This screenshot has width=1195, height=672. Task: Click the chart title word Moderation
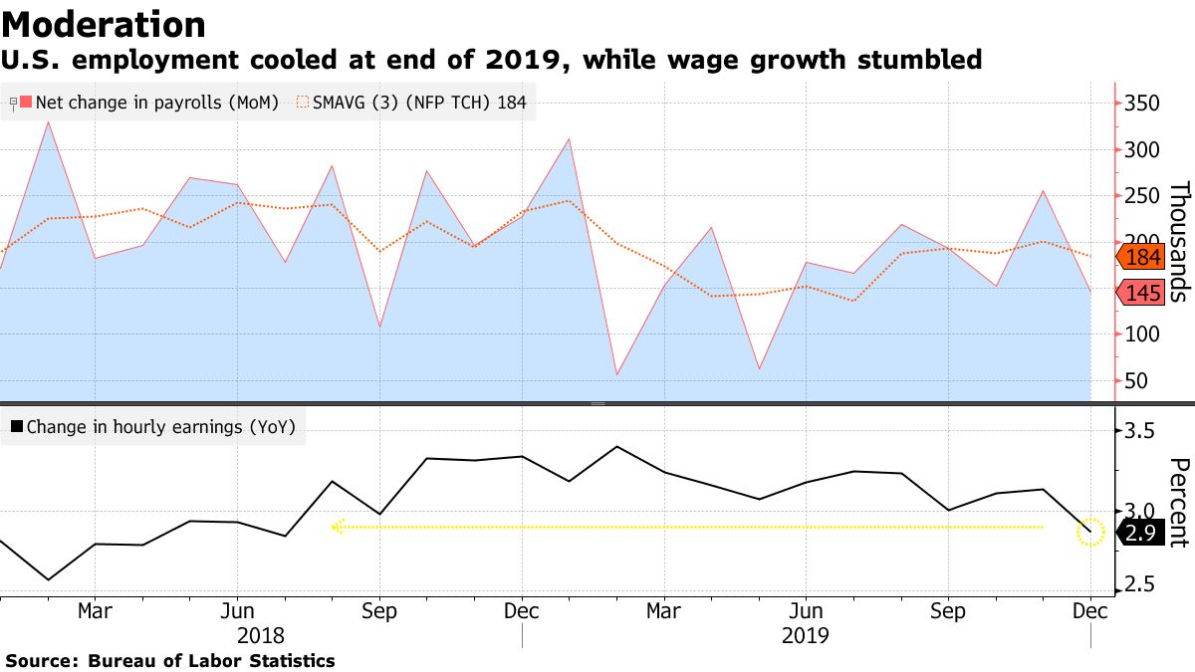(104, 25)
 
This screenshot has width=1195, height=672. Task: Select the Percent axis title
(1179, 503)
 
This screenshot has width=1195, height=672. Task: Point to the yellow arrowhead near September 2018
(338, 527)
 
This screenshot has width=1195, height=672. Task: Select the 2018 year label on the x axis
(262, 634)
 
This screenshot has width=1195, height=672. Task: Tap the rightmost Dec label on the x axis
(1090, 610)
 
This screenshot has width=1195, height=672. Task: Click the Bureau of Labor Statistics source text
(211, 661)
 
